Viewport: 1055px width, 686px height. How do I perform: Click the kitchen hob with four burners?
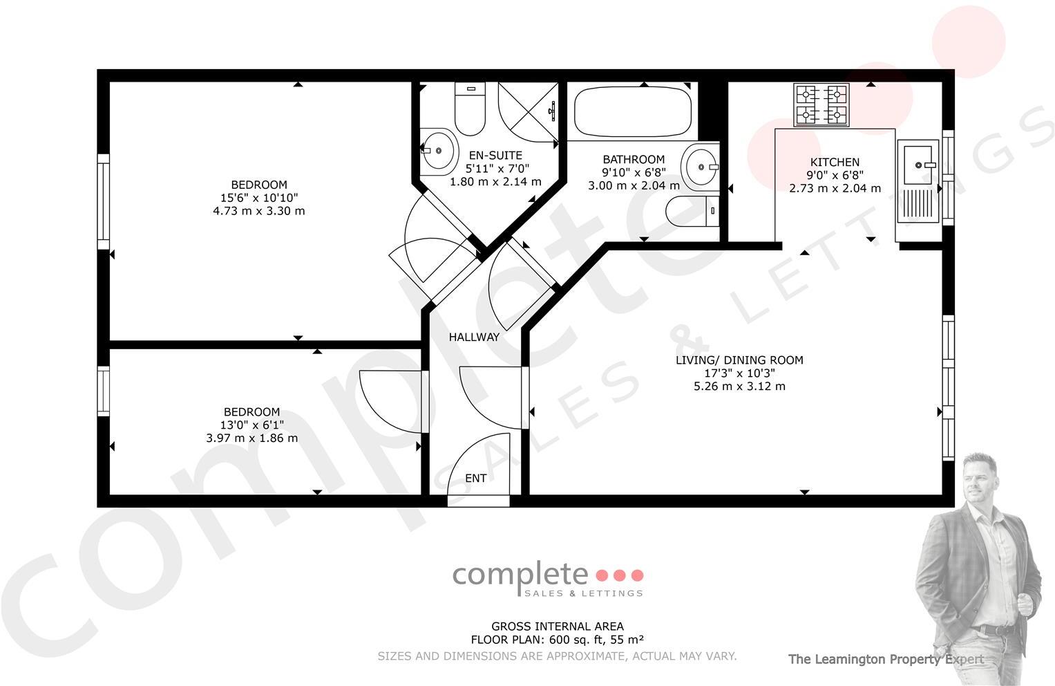(821, 105)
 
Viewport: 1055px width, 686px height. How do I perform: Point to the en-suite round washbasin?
(438, 149)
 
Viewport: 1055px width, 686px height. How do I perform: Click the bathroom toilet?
(693, 211)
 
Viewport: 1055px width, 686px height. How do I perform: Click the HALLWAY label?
(474, 337)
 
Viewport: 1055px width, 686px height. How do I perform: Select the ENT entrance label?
(475, 478)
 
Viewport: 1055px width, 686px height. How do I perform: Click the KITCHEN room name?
(835, 163)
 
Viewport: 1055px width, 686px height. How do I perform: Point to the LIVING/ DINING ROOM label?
(739, 360)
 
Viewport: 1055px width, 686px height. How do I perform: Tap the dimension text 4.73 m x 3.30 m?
(258, 210)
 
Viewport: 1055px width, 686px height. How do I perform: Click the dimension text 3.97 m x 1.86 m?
(252, 438)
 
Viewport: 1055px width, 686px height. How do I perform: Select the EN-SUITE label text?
(495, 156)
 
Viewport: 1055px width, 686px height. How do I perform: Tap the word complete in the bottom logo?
(520, 574)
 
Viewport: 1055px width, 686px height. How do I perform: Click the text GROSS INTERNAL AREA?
(557, 627)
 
